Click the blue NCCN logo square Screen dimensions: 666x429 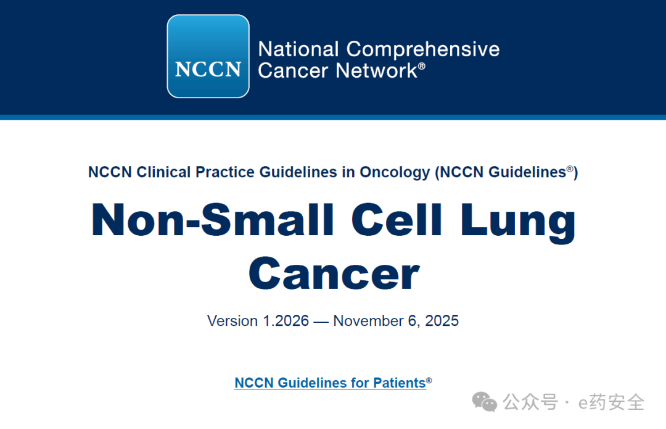click(208, 57)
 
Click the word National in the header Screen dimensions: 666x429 click(298, 49)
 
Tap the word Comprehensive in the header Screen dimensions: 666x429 click(423, 50)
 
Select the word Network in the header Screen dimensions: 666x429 click(376, 70)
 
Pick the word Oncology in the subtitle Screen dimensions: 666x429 click(395, 173)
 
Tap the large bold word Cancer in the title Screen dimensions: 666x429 click(334, 273)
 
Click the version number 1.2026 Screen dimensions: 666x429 click(286, 320)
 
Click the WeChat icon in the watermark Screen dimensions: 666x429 click(485, 402)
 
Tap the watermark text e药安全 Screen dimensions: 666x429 click(611, 402)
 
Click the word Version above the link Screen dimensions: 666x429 click(232, 320)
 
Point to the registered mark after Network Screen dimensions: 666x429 click(422, 66)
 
